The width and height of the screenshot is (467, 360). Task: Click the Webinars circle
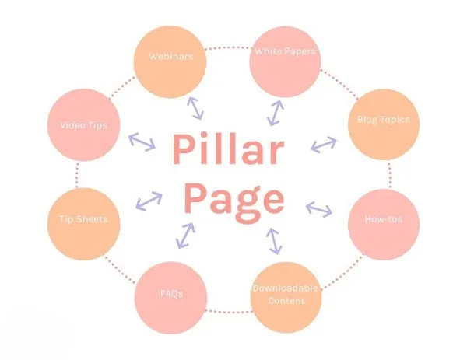170,62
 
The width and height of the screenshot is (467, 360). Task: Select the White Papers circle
286,61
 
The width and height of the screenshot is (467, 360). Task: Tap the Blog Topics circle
384,124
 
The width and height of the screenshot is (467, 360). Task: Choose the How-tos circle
384,225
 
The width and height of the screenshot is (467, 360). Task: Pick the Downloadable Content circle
286,298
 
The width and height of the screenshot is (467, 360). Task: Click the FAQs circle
170,298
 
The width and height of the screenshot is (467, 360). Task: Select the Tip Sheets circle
84,224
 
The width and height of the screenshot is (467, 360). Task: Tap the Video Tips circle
84,124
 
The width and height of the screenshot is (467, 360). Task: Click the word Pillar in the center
228,149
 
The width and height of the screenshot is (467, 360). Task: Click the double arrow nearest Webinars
195,108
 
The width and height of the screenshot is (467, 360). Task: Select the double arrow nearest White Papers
276,113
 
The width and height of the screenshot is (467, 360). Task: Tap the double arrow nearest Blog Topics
324,145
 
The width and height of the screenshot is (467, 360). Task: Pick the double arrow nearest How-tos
318,209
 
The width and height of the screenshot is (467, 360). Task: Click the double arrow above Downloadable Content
274,241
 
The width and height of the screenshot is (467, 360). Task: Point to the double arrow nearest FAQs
185,236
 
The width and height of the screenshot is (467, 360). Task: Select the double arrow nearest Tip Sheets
149,201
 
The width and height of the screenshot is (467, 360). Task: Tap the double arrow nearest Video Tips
142,142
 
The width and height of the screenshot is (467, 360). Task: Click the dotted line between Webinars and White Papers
228,47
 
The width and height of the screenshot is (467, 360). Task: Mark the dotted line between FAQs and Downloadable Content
229,312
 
